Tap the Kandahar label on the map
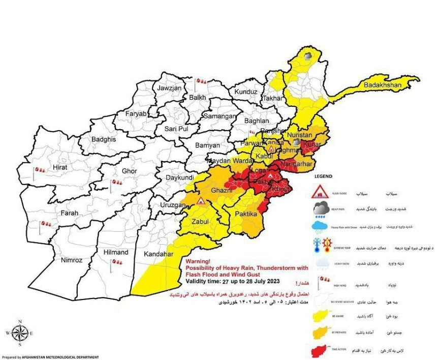click(159, 254)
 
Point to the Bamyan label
click(207, 145)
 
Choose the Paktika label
click(245, 215)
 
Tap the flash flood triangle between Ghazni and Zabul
click(201, 201)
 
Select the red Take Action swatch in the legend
click(323, 351)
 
